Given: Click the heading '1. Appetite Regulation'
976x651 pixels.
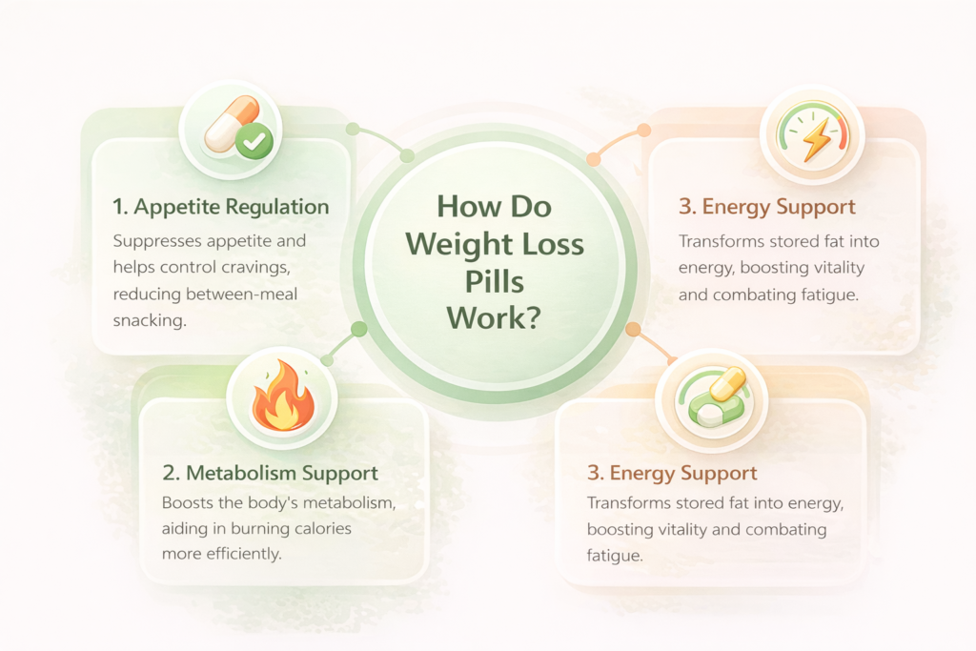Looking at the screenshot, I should click(x=221, y=207).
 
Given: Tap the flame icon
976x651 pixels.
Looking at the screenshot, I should click(x=282, y=400).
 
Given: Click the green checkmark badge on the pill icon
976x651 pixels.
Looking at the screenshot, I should click(x=254, y=144).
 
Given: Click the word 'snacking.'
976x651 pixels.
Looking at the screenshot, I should click(x=150, y=321).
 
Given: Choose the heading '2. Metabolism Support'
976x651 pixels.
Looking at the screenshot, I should click(x=269, y=473).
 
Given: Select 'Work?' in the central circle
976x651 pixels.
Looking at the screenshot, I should click(x=495, y=317).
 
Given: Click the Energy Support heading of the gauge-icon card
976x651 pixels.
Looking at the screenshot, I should click(x=766, y=207).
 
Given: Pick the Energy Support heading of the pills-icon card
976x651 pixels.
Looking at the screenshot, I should click(x=671, y=473).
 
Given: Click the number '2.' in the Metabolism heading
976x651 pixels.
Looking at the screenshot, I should click(x=171, y=473).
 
